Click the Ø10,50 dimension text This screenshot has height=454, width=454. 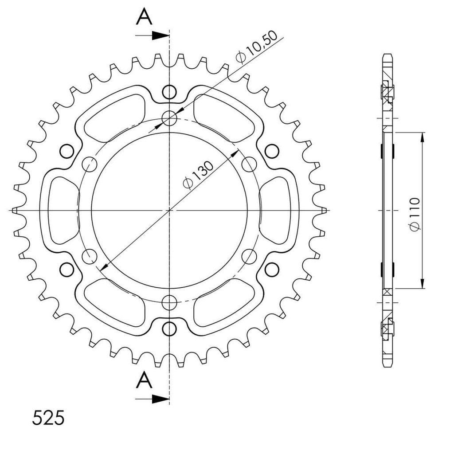pos(257,47)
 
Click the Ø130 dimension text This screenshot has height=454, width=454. pos(198,175)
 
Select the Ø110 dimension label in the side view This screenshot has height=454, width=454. pos(415,215)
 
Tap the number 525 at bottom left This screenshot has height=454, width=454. pos(48,418)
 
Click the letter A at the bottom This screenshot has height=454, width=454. pos(144,380)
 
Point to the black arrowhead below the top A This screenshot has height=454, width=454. pos(160,35)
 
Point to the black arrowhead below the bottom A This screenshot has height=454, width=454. pos(160,399)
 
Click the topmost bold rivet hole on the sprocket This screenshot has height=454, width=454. pos(169,92)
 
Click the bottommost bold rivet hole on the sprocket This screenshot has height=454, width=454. pos(169,329)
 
